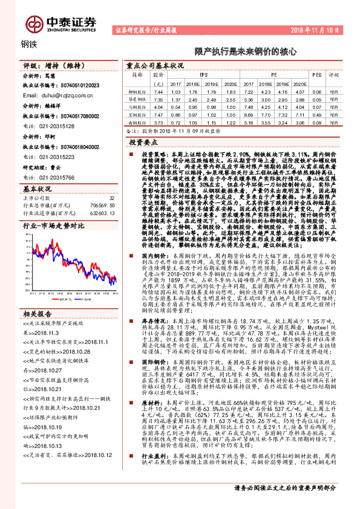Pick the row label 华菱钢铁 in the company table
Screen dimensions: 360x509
140,98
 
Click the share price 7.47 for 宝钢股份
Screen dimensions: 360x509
159,113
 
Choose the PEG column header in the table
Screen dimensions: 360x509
317,75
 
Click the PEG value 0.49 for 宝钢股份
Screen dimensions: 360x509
316,113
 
